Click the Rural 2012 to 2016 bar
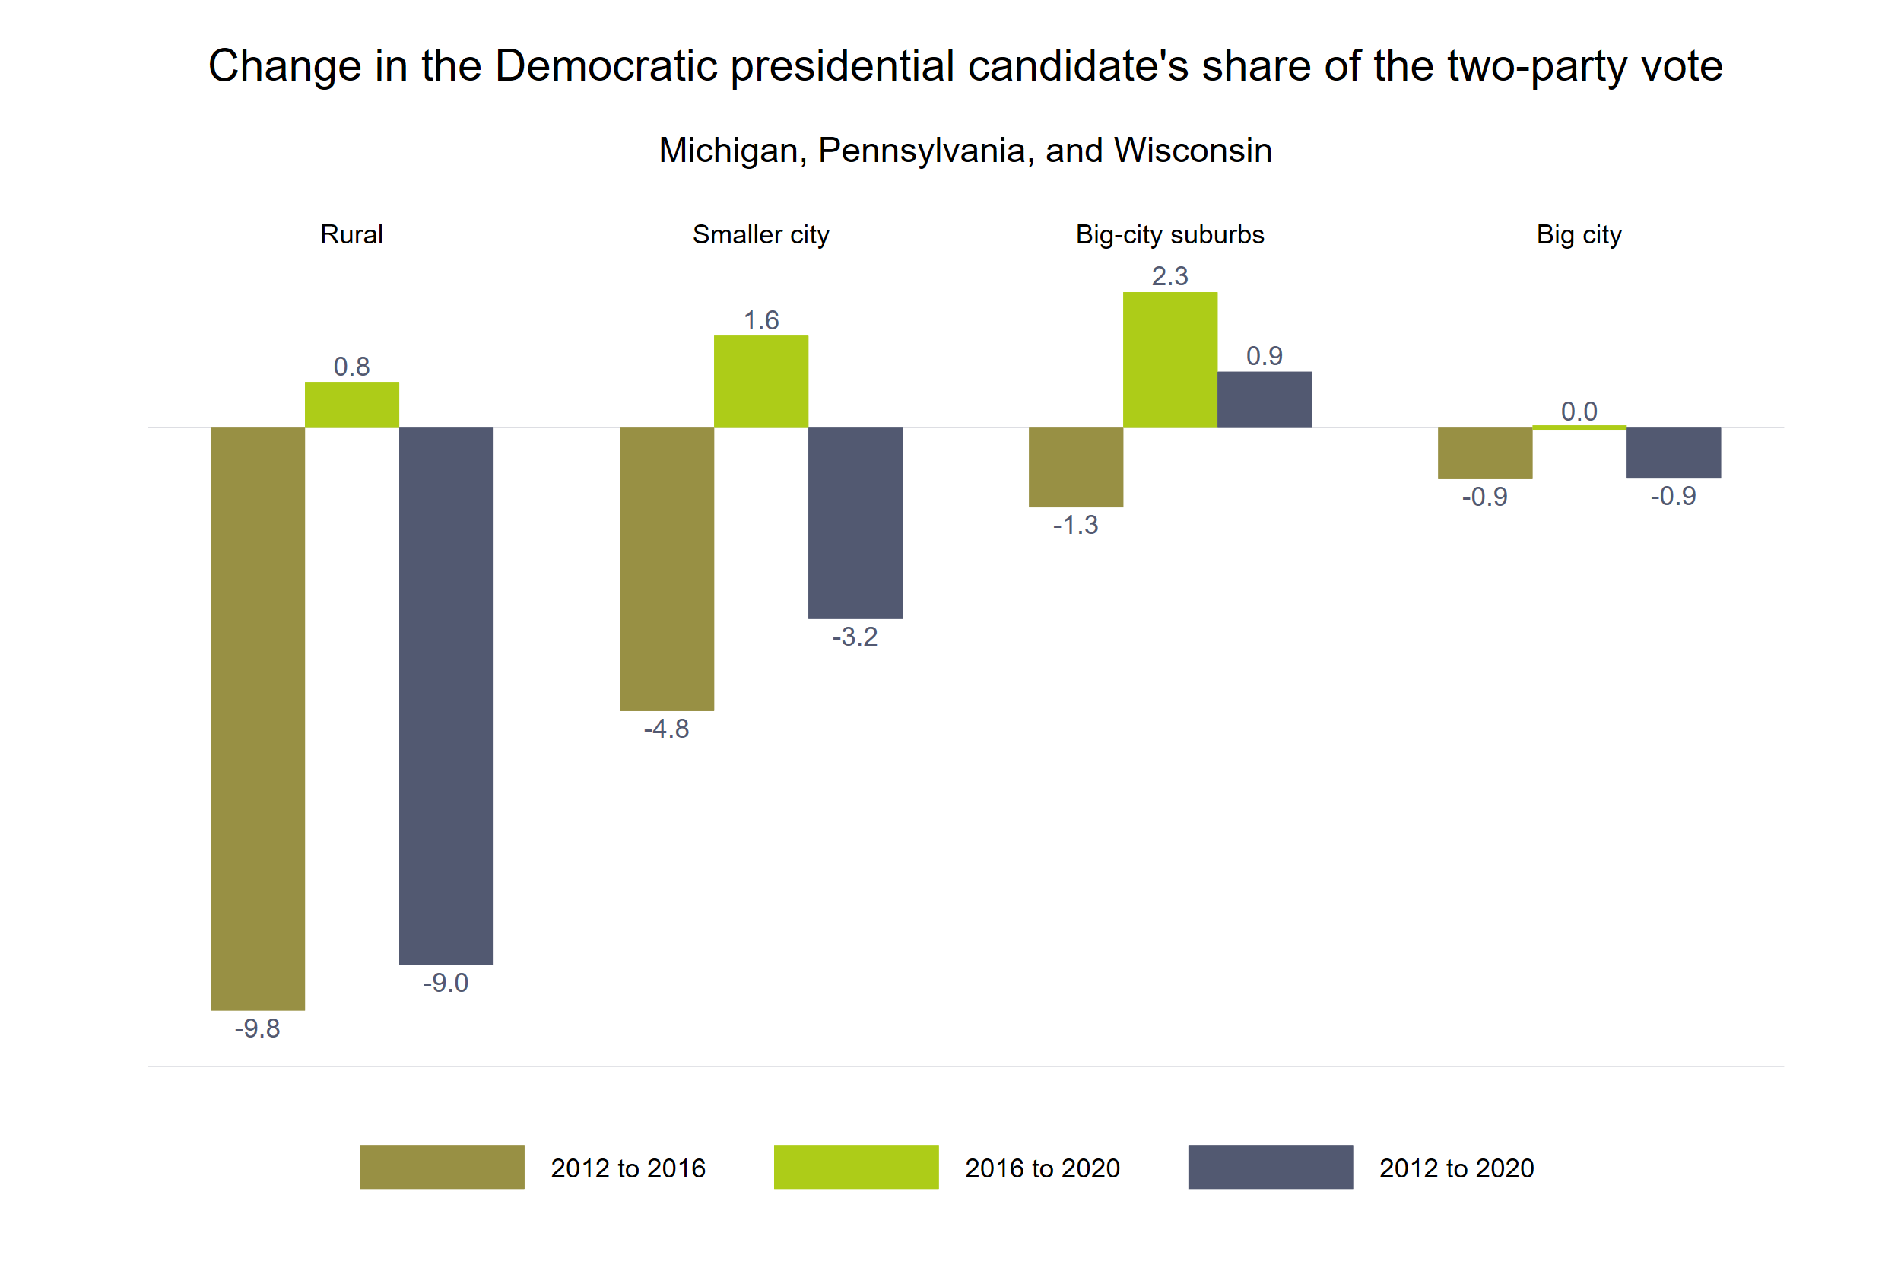click(x=257, y=718)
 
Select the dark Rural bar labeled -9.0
click(x=446, y=695)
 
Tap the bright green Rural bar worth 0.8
click(x=351, y=405)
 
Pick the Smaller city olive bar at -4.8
click(x=666, y=568)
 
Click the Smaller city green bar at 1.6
click(x=760, y=382)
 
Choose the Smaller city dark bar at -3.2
click(x=855, y=523)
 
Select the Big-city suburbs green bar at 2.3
click(x=1169, y=360)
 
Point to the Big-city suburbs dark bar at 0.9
click(x=1264, y=399)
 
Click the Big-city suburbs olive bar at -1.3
click(x=1075, y=466)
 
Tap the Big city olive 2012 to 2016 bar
click(x=1485, y=453)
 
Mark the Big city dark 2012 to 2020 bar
click(x=1673, y=452)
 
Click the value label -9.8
click(x=257, y=1028)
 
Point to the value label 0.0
click(x=1579, y=411)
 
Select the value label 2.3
click(x=1169, y=276)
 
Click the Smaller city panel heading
click(x=760, y=234)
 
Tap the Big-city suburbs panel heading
click(x=1169, y=234)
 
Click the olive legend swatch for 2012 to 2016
click(x=441, y=1166)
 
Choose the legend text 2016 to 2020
click(x=1042, y=1168)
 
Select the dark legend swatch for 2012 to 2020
click(x=1270, y=1166)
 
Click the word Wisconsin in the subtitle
click(x=1192, y=151)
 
